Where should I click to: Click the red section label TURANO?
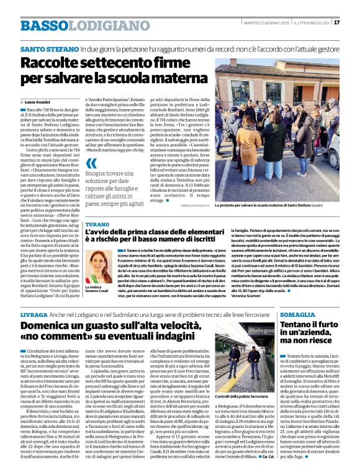click(x=96, y=223)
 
